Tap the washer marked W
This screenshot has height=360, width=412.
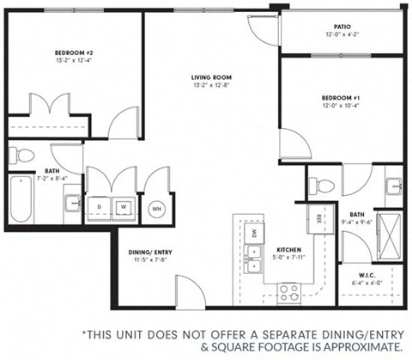(124, 206)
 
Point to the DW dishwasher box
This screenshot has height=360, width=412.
(255, 232)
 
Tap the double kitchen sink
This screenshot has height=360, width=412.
(254, 255)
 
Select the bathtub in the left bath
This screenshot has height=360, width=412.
(21, 199)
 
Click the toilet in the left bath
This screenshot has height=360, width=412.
(23, 156)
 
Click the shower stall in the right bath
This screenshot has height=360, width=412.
(391, 229)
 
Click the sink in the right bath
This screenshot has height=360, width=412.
(392, 186)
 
